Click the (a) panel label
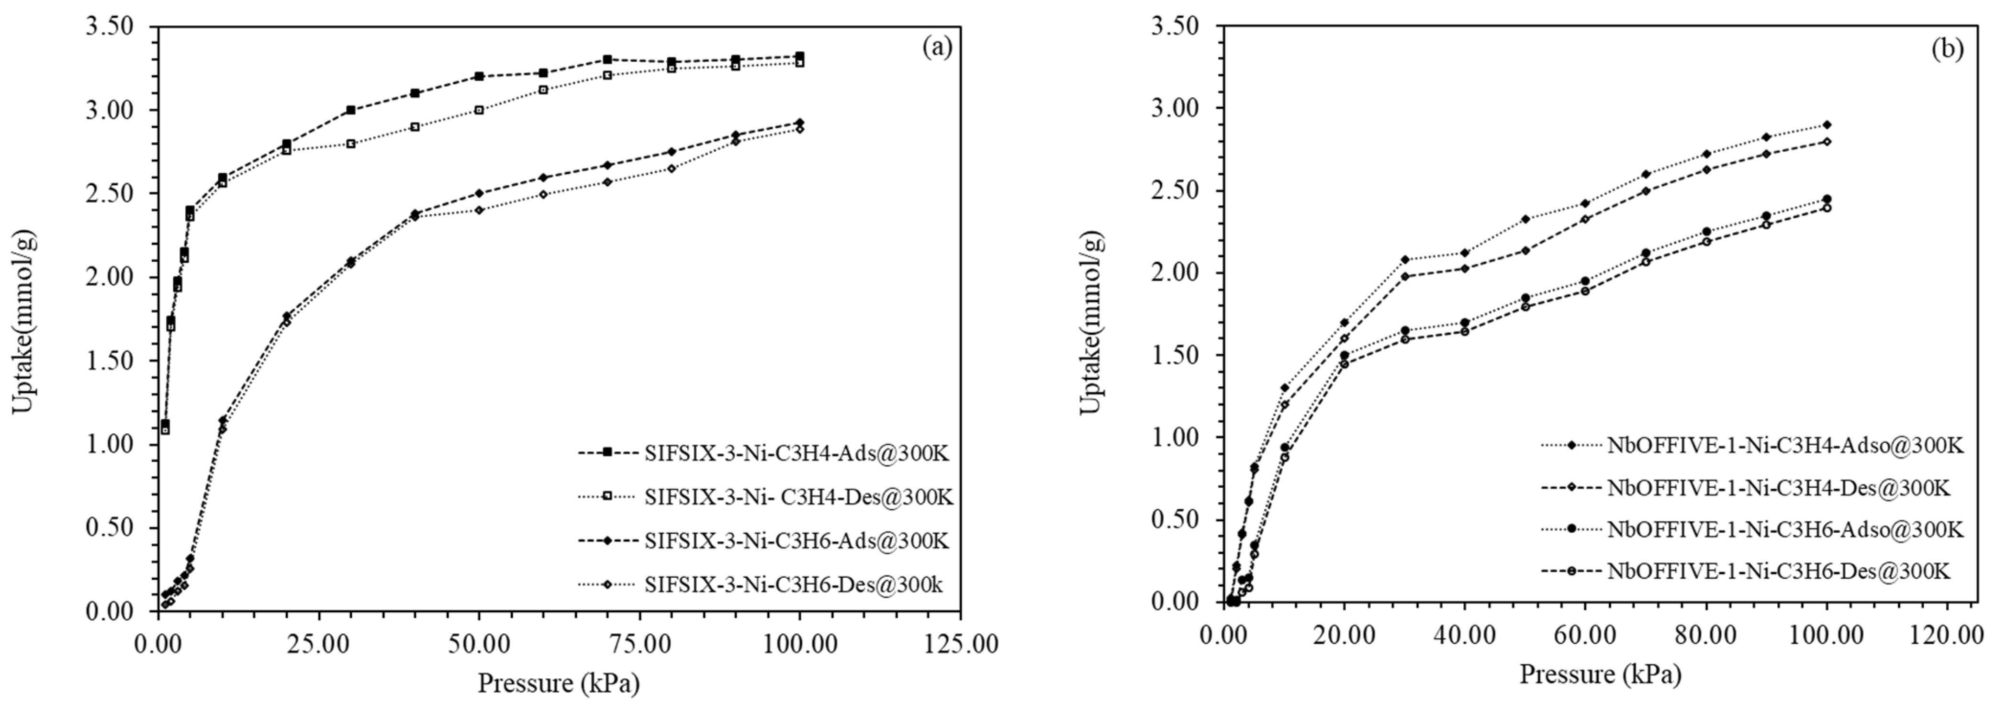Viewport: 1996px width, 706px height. (937, 48)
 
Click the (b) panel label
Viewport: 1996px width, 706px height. (1947, 48)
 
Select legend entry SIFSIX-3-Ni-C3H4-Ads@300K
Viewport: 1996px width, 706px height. (796, 453)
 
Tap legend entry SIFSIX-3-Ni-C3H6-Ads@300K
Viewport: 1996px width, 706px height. (796, 540)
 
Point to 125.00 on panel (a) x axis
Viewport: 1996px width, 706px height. (961, 643)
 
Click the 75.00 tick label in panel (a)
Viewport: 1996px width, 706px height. (639, 643)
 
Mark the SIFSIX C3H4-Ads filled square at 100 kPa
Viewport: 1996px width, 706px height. (800, 56)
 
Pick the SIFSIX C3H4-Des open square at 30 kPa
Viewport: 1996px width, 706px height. (350, 144)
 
